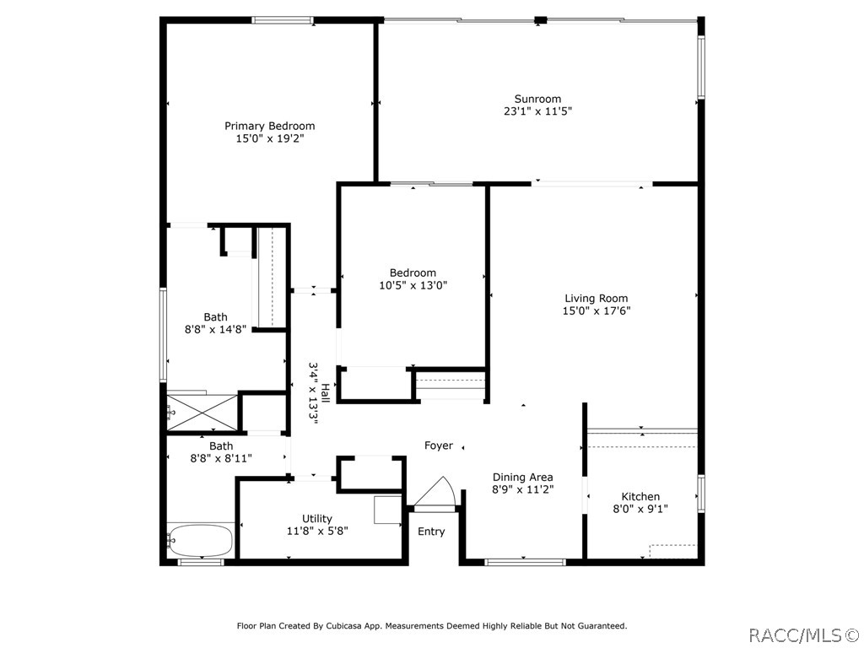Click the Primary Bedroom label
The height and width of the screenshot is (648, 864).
pos(269,127)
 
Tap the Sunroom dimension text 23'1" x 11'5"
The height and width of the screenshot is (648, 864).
pos(537,111)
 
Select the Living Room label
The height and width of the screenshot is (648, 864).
pos(597,299)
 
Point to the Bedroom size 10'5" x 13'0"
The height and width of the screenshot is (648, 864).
pos(413,285)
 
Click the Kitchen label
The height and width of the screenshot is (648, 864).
pos(640,496)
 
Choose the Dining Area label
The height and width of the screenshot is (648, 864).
pos(522,478)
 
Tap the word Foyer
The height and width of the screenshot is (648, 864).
pos(439,445)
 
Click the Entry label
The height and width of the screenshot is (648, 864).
pos(431,532)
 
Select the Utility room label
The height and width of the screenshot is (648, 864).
pos(317,519)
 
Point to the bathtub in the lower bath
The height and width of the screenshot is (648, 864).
pos(201,541)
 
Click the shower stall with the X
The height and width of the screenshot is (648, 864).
pos(202,411)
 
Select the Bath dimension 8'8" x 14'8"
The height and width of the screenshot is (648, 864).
pos(215,330)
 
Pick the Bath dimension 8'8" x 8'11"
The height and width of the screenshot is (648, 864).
pos(221,458)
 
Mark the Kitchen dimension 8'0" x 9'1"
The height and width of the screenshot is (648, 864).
pos(640,509)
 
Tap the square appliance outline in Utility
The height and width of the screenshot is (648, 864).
pos(388,509)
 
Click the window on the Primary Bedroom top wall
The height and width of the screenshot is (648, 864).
pos(283,20)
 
